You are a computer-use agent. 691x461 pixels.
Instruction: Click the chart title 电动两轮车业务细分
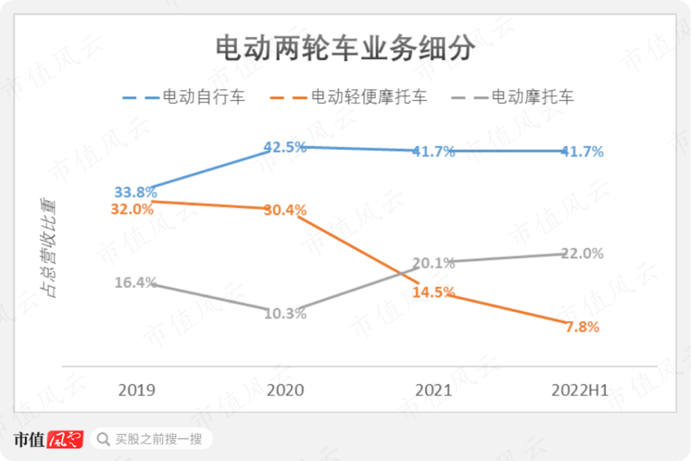click(345, 50)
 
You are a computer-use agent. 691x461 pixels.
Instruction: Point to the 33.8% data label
click(136, 192)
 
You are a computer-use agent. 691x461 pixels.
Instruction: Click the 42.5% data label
click(285, 147)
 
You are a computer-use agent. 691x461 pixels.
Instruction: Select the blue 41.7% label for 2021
click(433, 151)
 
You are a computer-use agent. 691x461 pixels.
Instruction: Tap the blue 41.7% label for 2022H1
click(582, 151)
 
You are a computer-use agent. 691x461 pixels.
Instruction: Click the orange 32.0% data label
click(132, 208)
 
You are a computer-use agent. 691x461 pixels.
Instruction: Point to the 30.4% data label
click(285, 210)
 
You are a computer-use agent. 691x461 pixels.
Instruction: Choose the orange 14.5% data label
click(433, 292)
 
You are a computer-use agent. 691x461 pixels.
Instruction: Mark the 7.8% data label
click(582, 327)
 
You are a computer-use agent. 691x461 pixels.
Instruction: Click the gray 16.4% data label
click(136, 282)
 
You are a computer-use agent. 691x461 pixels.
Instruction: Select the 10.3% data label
click(285, 314)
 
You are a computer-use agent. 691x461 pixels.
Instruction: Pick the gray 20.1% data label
click(433, 263)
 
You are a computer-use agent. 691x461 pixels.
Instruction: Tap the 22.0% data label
click(582, 253)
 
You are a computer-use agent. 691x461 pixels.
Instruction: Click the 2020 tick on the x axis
click(285, 390)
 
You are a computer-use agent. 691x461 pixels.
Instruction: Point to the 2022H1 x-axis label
click(580, 390)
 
